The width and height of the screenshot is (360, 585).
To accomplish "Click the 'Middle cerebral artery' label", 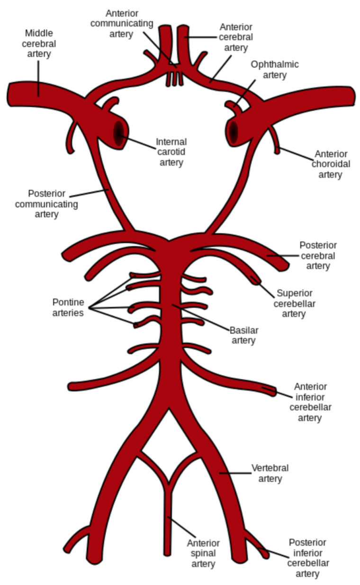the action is point(39,44).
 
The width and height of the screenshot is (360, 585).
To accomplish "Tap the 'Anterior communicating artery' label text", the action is point(122,24).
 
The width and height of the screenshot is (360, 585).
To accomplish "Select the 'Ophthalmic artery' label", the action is point(275,70).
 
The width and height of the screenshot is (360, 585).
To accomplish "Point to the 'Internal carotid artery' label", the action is point(171,152).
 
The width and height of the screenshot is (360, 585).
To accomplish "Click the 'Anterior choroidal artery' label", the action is point(331,164).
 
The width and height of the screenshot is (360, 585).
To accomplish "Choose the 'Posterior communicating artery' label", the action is point(46,204).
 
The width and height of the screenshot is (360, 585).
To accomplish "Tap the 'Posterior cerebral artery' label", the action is point(318,256).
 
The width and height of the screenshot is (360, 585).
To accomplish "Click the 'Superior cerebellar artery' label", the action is point(294,303).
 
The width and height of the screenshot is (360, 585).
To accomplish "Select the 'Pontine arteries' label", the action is point(68,307).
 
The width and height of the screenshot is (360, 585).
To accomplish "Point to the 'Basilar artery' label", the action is point(243,335).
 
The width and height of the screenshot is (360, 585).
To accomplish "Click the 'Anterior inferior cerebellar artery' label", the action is point(310,402).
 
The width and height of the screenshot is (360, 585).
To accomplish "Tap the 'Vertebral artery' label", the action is point(270,473).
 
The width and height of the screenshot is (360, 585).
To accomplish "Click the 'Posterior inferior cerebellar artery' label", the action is point(308,558).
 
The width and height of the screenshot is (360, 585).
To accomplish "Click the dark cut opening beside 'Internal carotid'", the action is point(118,133).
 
